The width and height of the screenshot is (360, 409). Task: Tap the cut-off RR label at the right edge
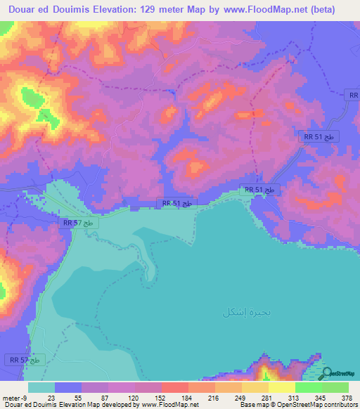click(x=354, y=95)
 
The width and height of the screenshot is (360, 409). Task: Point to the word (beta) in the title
click(x=320, y=10)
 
